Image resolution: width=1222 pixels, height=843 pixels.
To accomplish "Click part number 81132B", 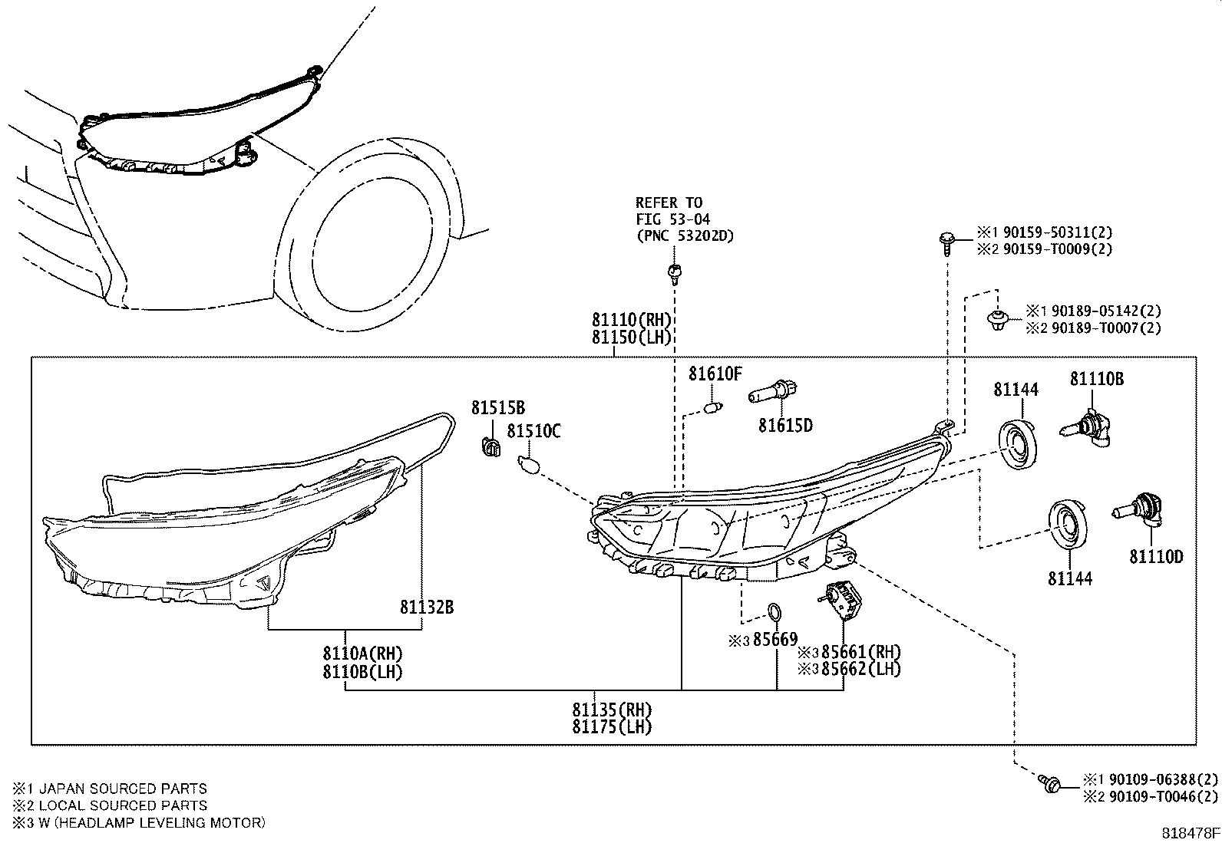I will pyautogui.click(x=426, y=608).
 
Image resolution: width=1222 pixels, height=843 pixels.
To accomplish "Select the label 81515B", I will pyautogui.click(x=498, y=407).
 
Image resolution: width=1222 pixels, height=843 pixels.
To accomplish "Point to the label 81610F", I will pyautogui.click(x=715, y=374).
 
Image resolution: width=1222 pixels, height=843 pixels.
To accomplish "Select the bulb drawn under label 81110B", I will pyautogui.click(x=1087, y=426).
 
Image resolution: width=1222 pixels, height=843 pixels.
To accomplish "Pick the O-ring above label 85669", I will pyautogui.click(x=775, y=612).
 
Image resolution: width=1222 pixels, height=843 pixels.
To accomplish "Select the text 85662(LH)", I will pyautogui.click(x=860, y=669).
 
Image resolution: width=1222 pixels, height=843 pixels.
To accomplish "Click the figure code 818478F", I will pyautogui.click(x=1189, y=833).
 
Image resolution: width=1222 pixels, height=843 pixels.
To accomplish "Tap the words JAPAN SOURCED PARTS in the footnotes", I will pyautogui.click(x=123, y=789).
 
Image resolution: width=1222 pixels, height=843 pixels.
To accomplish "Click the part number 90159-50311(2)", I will pyautogui.click(x=1055, y=232).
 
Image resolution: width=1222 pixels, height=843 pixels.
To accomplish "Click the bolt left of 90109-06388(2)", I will pyautogui.click(x=1050, y=783).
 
